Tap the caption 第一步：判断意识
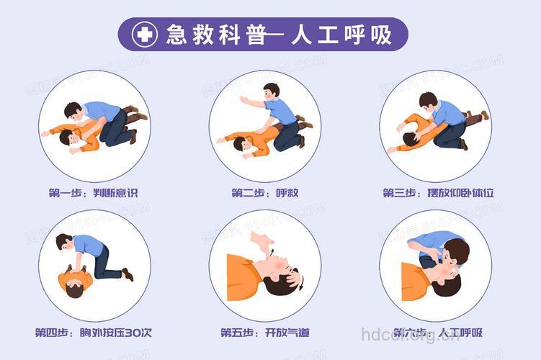click(93, 193)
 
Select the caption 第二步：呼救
click(265, 193)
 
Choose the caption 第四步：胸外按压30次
click(93, 333)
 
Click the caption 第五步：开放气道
click(265, 333)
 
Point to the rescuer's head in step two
click(271, 91)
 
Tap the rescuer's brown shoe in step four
click(128, 274)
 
